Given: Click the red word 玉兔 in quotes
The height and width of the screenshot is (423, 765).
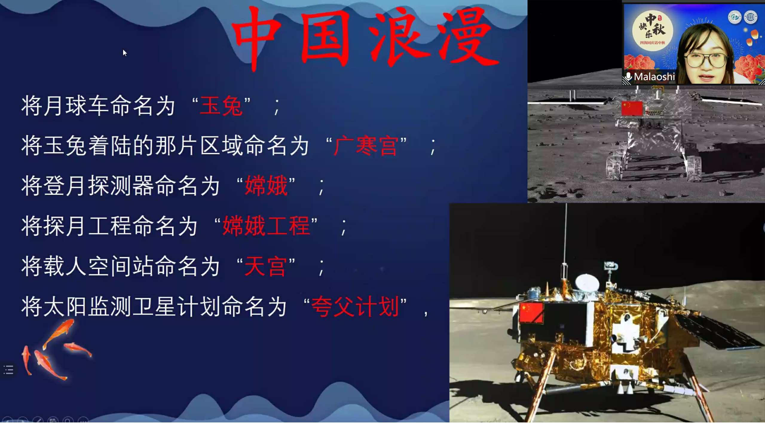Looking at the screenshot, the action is (221, 106).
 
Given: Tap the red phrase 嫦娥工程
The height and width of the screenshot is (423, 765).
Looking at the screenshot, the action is (266, 226).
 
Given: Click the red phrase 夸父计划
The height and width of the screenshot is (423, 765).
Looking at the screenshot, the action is (355, 307).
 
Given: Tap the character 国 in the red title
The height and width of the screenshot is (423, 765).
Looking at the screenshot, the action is (325, 37).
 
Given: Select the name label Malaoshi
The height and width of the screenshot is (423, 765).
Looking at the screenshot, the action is (654, 77).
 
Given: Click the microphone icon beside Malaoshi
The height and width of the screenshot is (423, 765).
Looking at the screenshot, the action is (628, 77).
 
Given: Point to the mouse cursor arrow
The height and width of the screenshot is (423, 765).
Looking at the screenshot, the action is (125, 53).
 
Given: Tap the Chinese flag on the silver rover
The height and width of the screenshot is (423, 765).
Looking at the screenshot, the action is (632, 108).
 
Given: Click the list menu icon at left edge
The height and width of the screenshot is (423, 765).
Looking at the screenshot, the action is (8, 370).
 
